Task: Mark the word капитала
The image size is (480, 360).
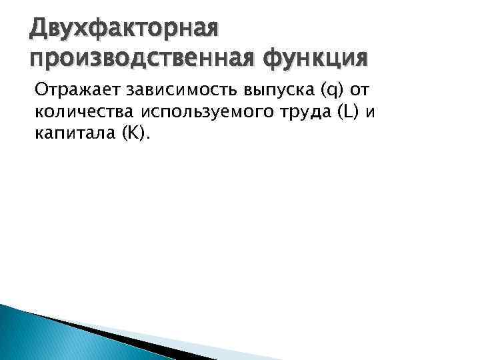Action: pyautogui.click(x=73, y=134)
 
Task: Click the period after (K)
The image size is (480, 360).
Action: pyautogui.click(x=149, y=139)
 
